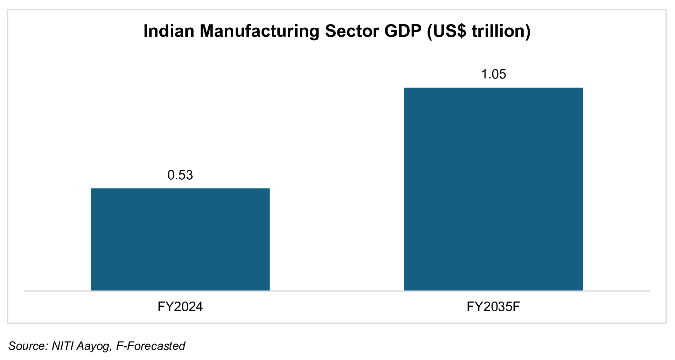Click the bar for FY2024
[180, 240]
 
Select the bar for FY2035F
[493, 189]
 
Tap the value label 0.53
[180, 175]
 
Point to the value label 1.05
[493, 74]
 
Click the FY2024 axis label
[180, 307]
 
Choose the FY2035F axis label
[493, 307]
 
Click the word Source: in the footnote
[28, 346]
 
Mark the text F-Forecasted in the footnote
[151, 346]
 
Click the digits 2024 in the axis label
[188, 307]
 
